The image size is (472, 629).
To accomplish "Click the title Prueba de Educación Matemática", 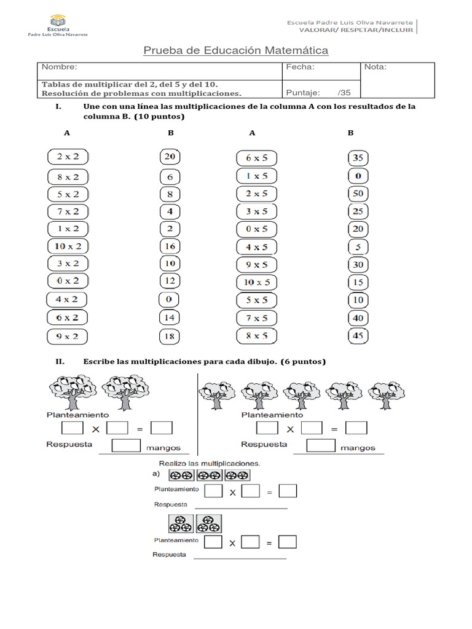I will coord(236,50).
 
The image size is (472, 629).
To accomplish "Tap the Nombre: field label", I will coord(59,67).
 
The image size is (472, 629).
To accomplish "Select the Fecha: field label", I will coord(301,67).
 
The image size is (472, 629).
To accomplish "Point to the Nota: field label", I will coord(376,67).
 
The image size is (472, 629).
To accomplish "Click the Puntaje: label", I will coord(304,93).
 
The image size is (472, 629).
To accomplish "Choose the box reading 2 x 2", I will coord(68,157).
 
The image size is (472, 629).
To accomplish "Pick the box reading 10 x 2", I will coord(68,246).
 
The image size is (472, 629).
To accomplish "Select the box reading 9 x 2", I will coord(68,337).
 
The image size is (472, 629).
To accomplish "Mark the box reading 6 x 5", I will coord(256,158).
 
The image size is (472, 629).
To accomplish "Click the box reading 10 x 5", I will coord(256,283).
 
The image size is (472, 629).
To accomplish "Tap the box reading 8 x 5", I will coord(256,337).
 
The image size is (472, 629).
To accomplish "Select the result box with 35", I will coord(357,158).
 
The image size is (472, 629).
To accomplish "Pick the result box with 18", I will coord(170,337).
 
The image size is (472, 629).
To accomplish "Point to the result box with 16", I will coord(170,246).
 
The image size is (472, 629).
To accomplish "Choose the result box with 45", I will coord(357,336).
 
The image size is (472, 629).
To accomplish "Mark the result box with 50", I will coord(357,193).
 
